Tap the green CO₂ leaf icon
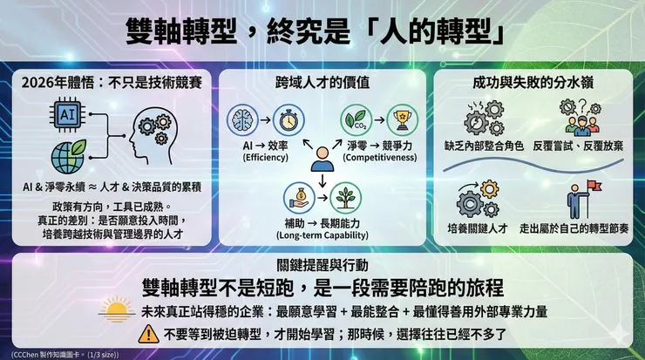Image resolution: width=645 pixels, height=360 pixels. [x=354, y=117]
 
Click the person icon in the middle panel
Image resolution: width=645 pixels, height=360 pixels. [x=322, y=158]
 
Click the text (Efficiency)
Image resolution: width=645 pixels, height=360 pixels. [x=264, y=158]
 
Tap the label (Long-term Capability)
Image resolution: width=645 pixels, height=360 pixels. [x=322, y=235]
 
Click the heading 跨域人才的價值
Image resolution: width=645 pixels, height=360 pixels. [x=322, y=82]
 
